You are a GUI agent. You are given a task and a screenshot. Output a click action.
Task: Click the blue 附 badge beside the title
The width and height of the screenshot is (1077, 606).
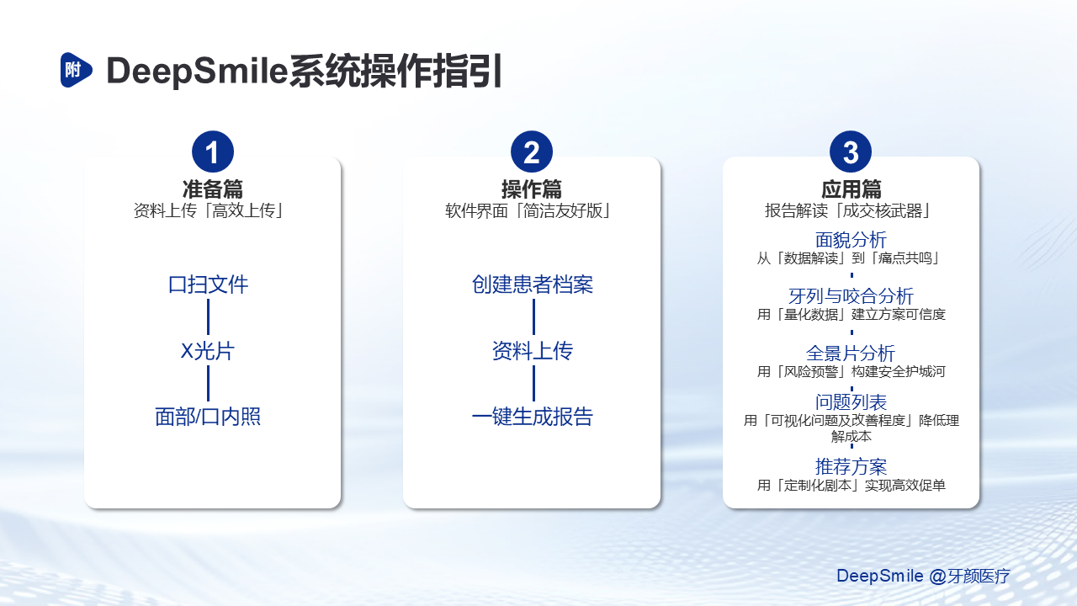(x=76, y=70)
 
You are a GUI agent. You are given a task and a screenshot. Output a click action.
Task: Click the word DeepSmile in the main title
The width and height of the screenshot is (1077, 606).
(x=197, y=72)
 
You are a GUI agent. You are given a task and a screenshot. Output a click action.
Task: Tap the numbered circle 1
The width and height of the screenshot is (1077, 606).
(x=213, y=151)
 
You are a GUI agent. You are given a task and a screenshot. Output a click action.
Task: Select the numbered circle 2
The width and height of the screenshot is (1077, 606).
(x=531, y=151)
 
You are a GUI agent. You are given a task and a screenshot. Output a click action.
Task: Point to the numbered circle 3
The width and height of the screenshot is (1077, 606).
(x=851, y=151)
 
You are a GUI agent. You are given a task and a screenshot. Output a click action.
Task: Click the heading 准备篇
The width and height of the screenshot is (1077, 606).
(x=213, y=189)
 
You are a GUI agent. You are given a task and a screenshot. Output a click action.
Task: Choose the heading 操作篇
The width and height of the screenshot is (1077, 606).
(x=531, y=189)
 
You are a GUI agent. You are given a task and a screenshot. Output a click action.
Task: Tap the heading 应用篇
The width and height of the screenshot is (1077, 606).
(x=851, y=189)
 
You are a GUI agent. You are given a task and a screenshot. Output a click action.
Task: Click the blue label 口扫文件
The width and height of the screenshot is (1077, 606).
(x=208, y=284)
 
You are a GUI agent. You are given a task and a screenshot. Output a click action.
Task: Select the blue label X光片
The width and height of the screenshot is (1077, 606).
(x=208, y=351)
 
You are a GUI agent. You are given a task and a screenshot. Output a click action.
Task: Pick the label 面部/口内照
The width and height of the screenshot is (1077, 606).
(x=208, y=417)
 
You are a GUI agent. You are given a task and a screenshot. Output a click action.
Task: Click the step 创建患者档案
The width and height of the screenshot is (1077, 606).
(x=533, y=284)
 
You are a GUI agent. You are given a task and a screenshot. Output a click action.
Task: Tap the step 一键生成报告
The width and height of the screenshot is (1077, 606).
(x=533, y=417)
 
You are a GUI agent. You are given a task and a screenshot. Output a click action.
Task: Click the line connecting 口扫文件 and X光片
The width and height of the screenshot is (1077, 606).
(x=208, y=317)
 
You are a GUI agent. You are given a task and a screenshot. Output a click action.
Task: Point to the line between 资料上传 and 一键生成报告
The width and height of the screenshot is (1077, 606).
(x=533, y=383)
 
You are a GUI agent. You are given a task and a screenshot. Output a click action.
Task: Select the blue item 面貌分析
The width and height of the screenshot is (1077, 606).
(x=851, y=240)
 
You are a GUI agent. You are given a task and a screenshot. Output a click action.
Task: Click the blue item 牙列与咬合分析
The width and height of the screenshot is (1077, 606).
(x=851, y=295)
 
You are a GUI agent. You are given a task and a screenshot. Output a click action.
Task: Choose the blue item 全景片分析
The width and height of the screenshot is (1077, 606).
(x=851, y=353)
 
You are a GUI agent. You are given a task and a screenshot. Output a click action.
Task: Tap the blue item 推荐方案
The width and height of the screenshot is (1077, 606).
(x=851, y=466)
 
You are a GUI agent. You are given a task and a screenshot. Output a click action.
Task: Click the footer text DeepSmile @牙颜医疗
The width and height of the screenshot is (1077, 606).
(x=923, y=576)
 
